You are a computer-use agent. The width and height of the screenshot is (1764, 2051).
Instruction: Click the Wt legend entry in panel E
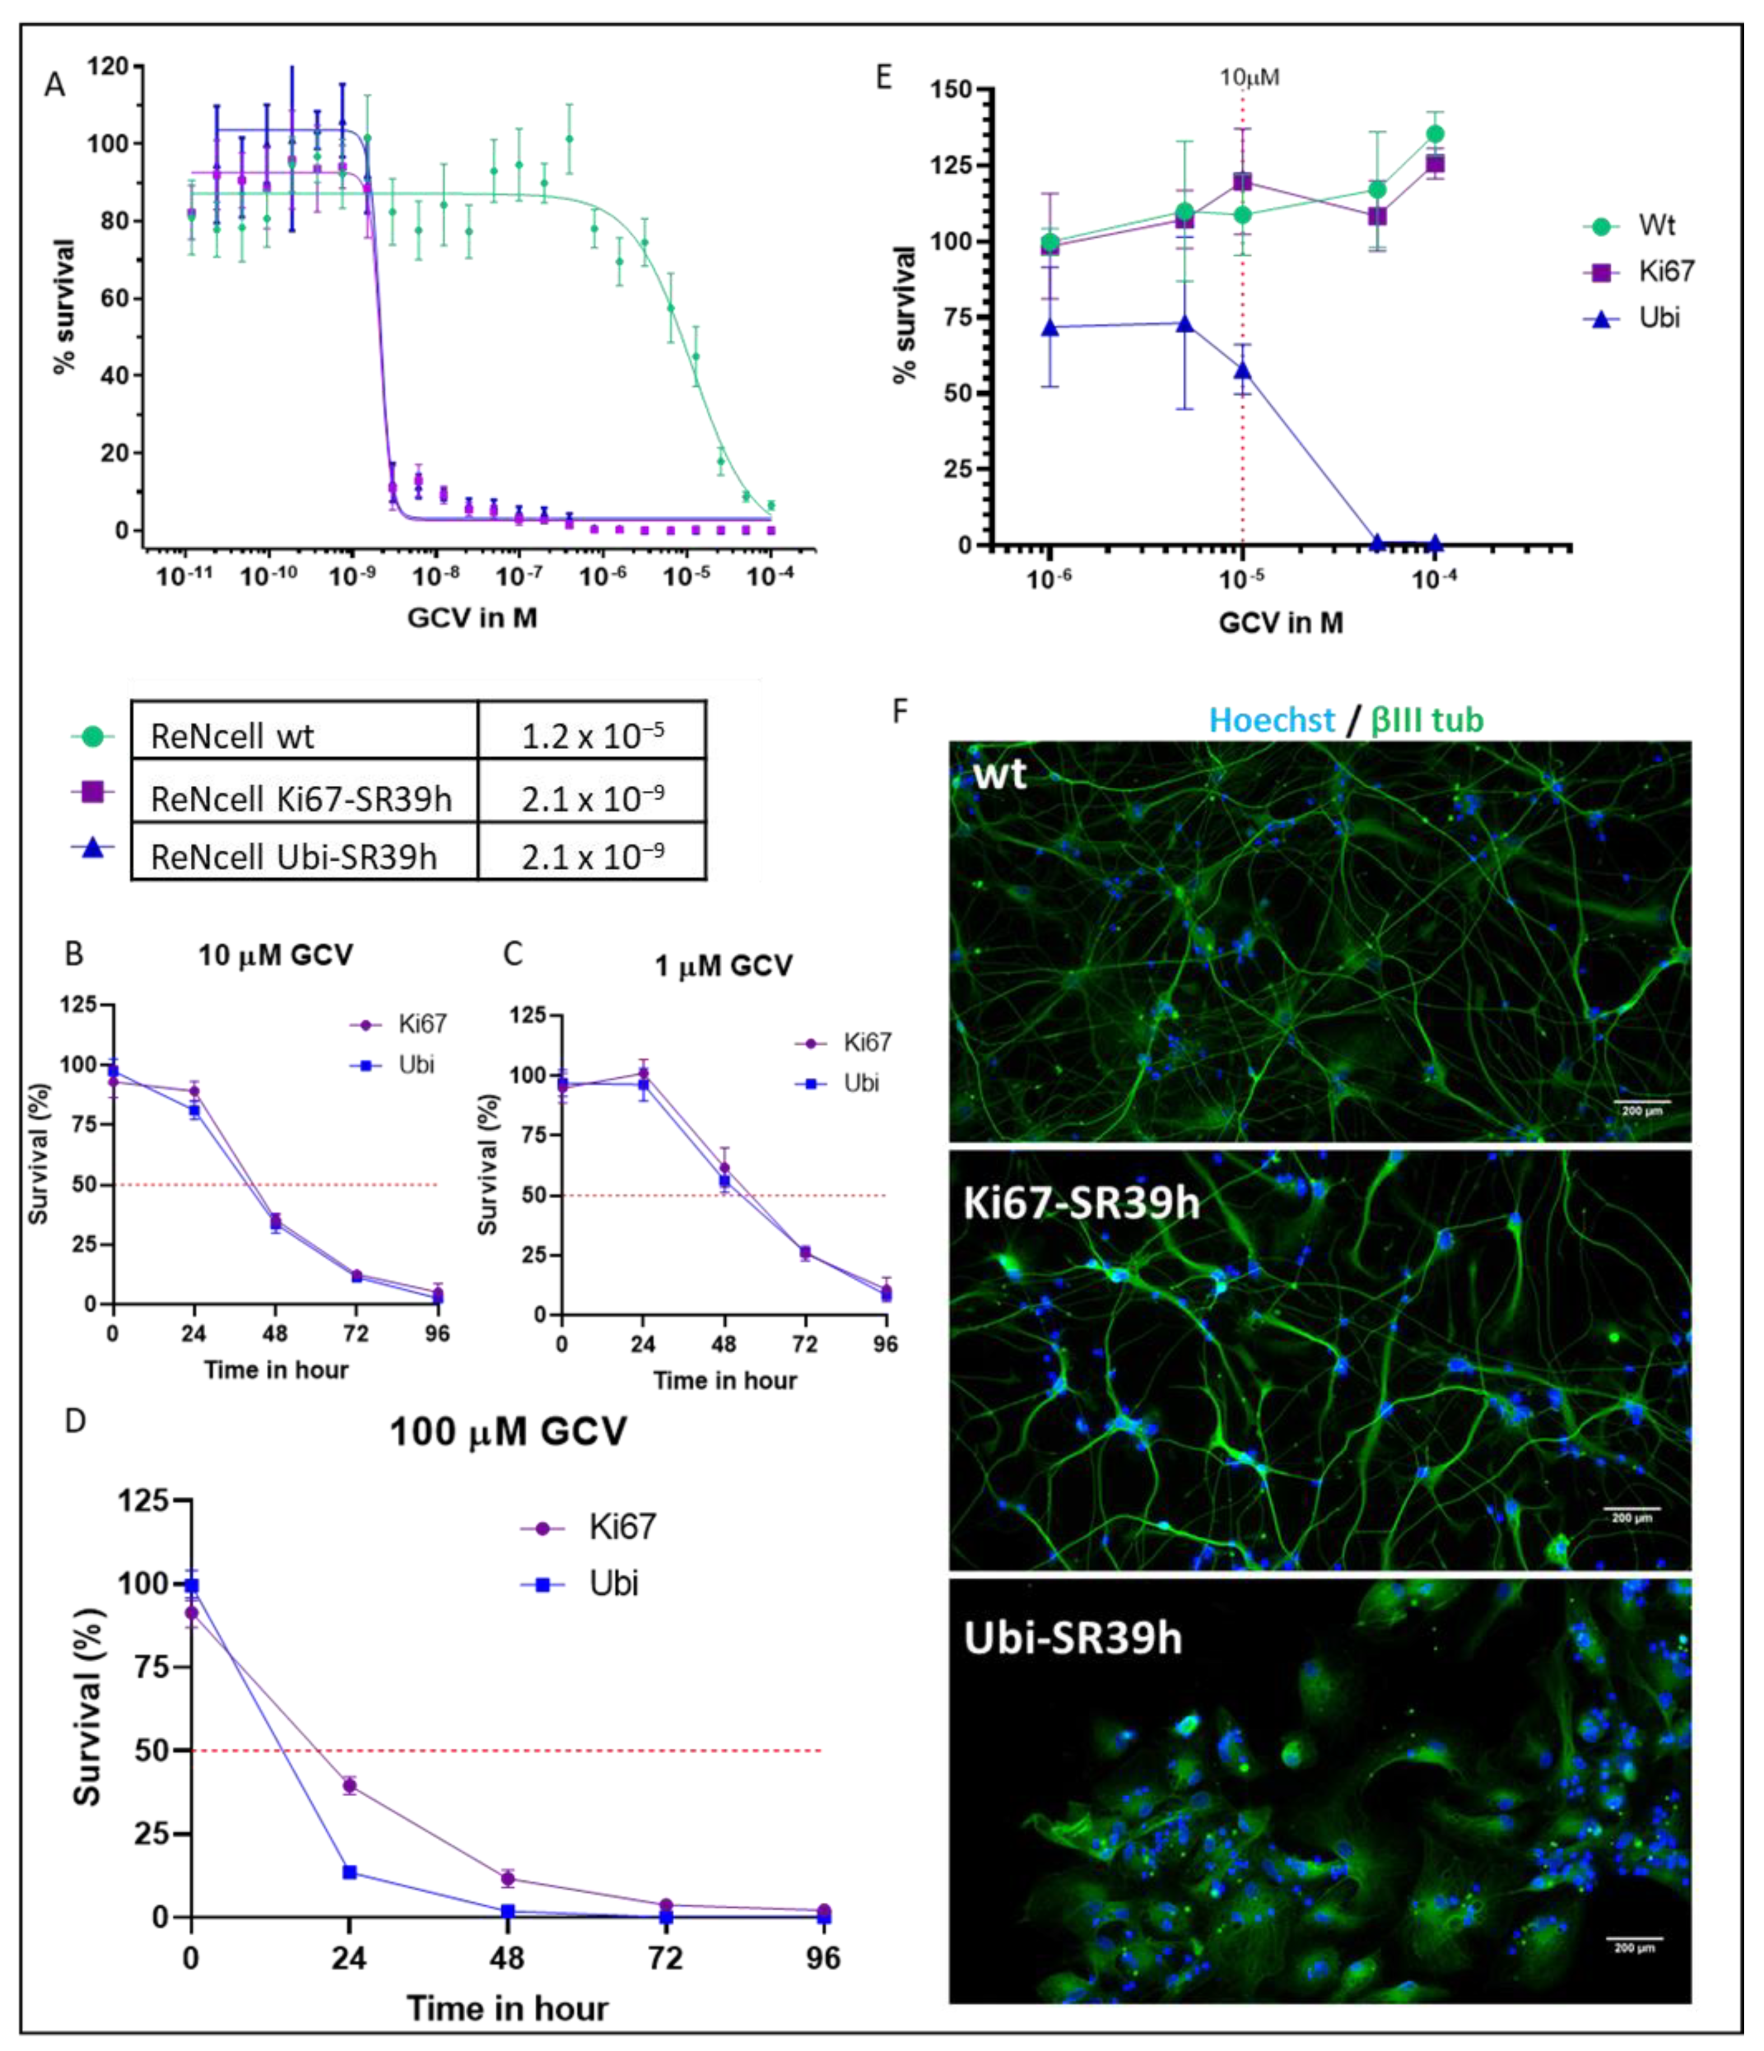(x=1655, y=226)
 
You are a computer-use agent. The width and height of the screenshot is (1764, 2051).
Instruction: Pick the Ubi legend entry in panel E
(x=1658, y=318)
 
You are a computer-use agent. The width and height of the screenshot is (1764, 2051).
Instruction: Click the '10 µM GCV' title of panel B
(x=275, y=955)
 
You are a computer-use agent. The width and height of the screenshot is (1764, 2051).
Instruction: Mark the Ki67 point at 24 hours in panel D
(x=349, y=1786)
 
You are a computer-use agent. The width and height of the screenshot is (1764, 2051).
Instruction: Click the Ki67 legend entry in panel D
(x=621, y=1527)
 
